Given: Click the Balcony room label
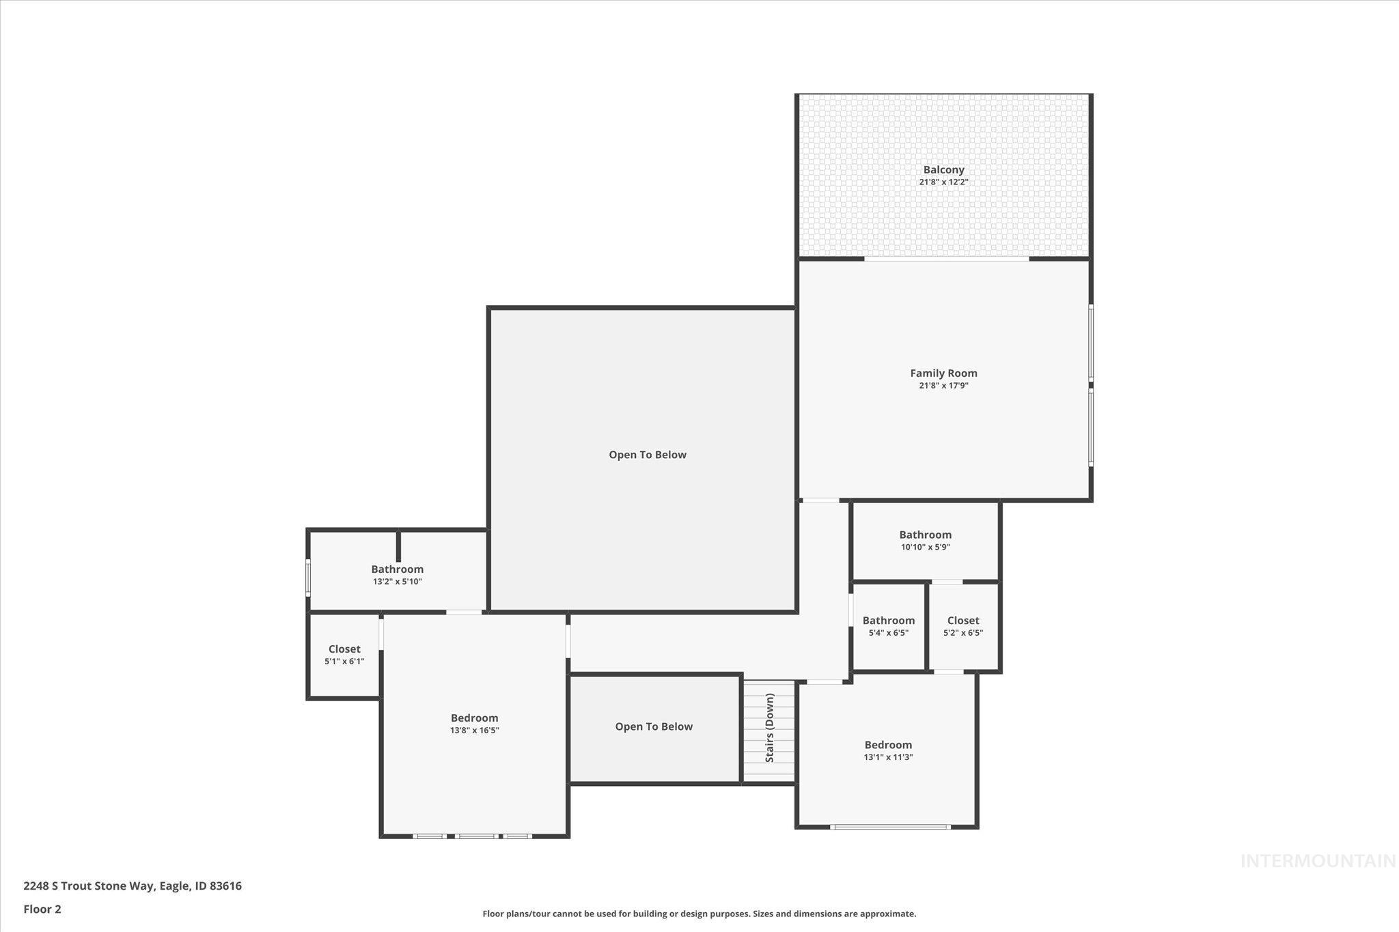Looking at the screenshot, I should (x=943, y=169).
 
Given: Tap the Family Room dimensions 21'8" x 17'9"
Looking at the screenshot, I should (x=943, y=386).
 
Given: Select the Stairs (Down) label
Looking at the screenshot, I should (x=770, y=728).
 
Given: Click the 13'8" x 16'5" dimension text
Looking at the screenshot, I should (x=474, y=731).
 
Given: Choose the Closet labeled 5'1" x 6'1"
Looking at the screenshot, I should (x=344, y=649).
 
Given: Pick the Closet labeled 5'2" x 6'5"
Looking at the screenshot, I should (x=963, y=621).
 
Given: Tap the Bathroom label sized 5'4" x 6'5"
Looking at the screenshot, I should (x=888, y=621).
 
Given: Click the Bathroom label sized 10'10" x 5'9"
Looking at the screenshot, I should (x=925, y=535).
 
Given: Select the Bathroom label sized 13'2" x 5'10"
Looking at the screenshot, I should (x=397, y=569).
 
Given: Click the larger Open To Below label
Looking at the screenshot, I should (x=648, y=455).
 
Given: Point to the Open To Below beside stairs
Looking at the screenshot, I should (x=654, y=726).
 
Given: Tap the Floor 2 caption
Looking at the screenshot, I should (x=42, y=909).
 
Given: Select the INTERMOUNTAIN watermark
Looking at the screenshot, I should (x=1318, y=861).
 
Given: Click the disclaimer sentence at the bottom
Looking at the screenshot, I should (x=699, y=914).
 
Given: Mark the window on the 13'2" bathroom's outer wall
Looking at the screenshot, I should (x=308, y=577).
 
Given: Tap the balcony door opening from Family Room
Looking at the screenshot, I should (x=946, y=259).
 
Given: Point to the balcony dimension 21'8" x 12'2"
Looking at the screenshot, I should (x=943, y=182).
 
